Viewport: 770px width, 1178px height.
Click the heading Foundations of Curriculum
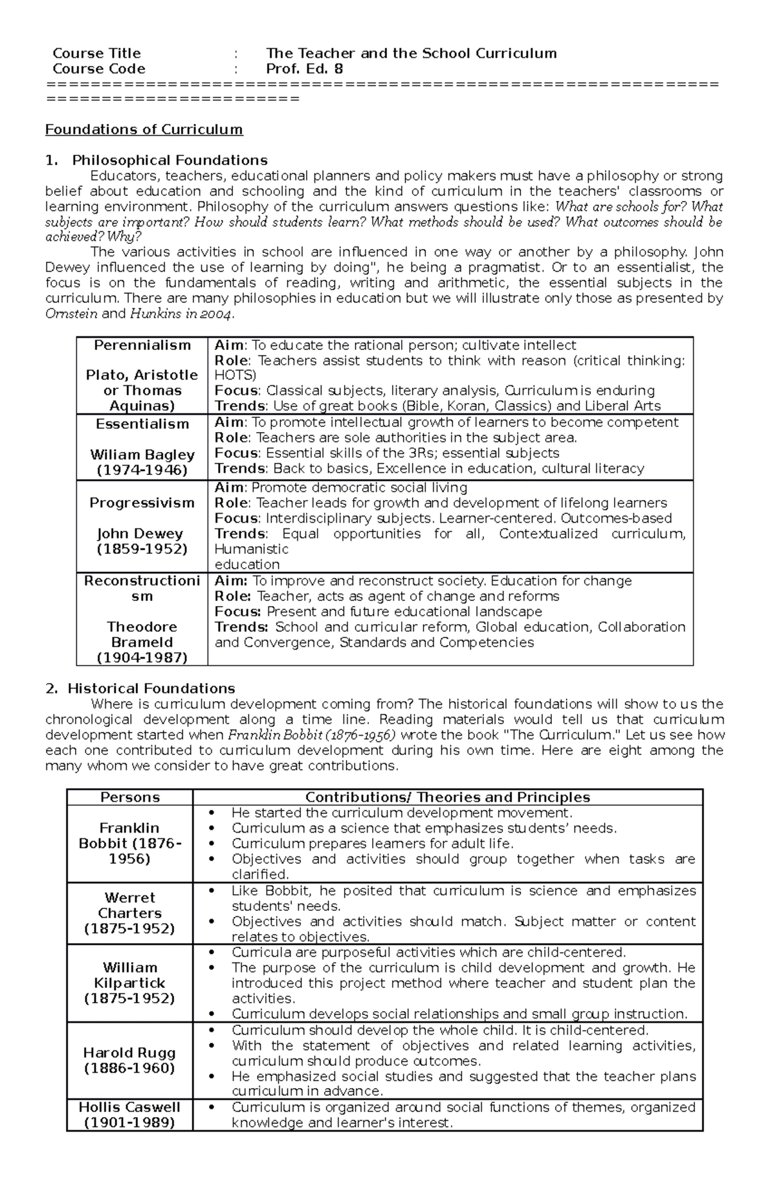(144, 130)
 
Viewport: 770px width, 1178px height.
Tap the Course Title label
(96, 53)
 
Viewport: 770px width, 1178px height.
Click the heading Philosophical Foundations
(169, 160)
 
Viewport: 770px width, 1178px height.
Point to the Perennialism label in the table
(142, 345)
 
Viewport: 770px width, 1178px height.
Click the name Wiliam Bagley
(142, 455)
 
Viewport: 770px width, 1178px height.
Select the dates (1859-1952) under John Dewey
(142, 549)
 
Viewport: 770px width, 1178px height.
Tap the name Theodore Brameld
(142, 634)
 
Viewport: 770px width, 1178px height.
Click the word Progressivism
(142, 503)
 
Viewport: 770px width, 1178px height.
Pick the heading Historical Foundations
(151, 688)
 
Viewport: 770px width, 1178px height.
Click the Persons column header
(130, 797)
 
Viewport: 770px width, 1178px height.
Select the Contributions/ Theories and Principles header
(447, 797)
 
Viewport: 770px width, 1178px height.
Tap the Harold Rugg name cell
(130, 1061)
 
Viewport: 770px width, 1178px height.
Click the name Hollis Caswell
(130, 1107)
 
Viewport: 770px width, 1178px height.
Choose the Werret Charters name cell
(130, 913)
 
